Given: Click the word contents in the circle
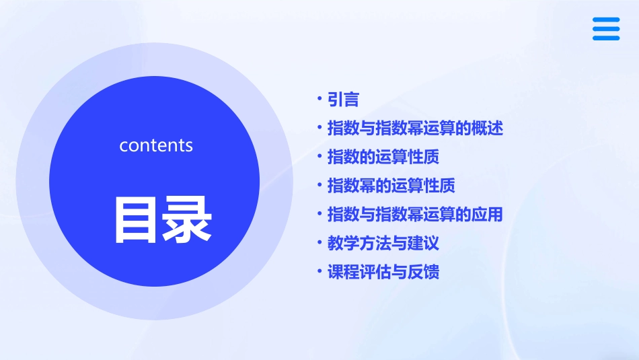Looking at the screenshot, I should pos(156,145).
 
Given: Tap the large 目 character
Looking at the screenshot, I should pos(135,219).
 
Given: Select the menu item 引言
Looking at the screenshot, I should pos(343,100).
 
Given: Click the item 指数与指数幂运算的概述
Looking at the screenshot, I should pos(415,128).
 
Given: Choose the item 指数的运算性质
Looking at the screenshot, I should pos(383,157).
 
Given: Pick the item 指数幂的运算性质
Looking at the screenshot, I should pos(391,185).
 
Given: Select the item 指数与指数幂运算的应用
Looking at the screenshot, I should pos(415,215).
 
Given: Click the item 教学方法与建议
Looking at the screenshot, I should pos(383,243).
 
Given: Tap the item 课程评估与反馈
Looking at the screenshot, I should pos(383,273).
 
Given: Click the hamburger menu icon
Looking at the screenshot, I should pos(606,29).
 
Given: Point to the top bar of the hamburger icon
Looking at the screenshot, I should pos(606,20).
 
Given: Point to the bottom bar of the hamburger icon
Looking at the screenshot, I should pos(606,38).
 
